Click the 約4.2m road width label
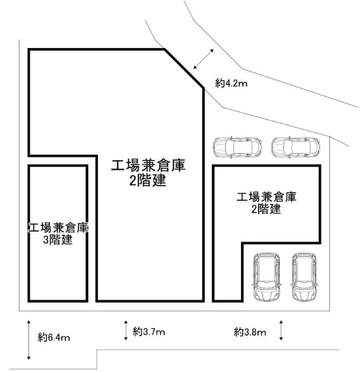[x=231, y=83]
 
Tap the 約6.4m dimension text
[x=53, y=337]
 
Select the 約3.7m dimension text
[x=149, y=331]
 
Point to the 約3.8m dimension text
[x=250, y=332]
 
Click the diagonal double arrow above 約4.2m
[x=203, y=59]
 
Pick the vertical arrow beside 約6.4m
[x=29, y=340]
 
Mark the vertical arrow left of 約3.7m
[x=126, y=330]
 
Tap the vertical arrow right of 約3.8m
[x=281, y=330]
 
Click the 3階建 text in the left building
[x=57, y=240]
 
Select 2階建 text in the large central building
[x=148, y=181]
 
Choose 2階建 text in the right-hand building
[x=266, y=209]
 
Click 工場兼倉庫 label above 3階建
[x=58, y=228]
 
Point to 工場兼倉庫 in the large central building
[x=148, y=165]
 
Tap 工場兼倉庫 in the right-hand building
[x=267, y=197]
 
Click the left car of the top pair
[x=237, y=147]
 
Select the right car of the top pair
[x=295, y=147]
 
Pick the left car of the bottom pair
[x=267, y=277]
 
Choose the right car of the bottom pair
[x=304, y=277]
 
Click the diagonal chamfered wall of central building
[x=184, y=69]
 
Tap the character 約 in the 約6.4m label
[x=43, y=337]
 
